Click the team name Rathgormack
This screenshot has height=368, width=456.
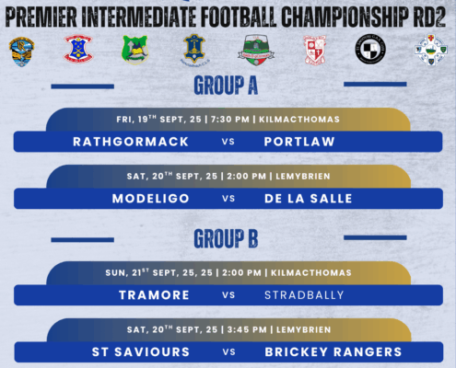point(131,142)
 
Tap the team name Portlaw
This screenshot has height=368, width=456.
point(299,142)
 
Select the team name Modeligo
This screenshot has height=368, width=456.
point(150,199)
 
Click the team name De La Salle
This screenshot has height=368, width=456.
point(309,199)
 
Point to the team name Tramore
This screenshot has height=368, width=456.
point(154,295)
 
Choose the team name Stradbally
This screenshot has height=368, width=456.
point(304,295)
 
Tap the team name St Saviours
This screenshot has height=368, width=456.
point(141,352)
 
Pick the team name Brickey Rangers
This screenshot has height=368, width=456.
point(333,352)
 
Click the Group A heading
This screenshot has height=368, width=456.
point(226,86)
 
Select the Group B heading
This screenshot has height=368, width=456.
point(226,238)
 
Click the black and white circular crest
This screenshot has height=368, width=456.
point(370,49)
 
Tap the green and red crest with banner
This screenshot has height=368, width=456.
point(256,50)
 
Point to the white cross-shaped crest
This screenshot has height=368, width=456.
point(431,50)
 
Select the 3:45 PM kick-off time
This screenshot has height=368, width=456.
point(247,329)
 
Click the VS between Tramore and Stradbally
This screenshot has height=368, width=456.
point(228,295)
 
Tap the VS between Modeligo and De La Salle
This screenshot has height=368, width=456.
point(228,199)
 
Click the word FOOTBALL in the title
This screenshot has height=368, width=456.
point(239,17)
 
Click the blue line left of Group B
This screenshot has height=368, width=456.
point(82,240)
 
